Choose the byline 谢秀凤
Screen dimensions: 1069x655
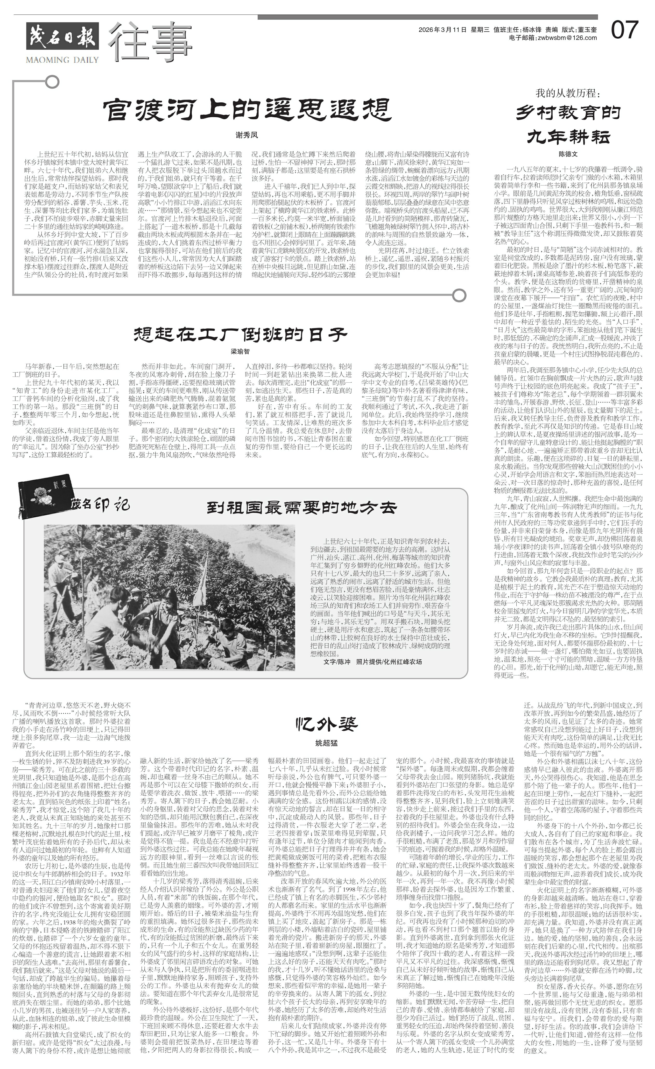click(x=246, y=135)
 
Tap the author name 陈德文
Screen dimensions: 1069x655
click(x=568, y=154)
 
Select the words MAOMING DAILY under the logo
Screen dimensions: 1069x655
click(x=62, y=60)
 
